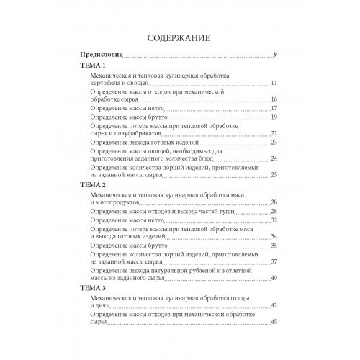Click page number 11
pyautogui.click(x=274, y=84)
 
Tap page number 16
pyautogui.click(x=274, y=100)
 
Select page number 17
pyautogui.click(x=274, y=109)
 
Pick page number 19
pyautogui.click(x=274, y=117)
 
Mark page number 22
pyautogui.click(x=274, y=134)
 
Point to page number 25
pyautogui.click(x=274, y=176)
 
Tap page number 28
pyautogui.click(x=274, y=202)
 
